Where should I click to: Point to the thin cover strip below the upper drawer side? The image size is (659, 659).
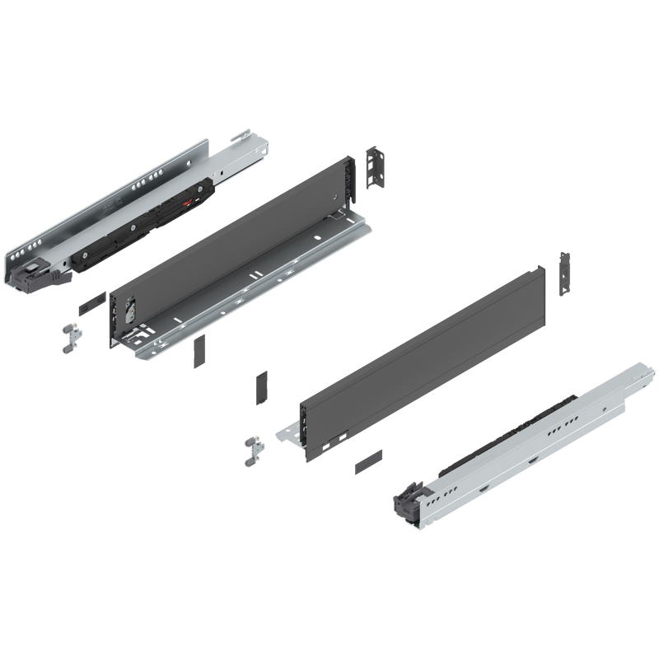point(196,353)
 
